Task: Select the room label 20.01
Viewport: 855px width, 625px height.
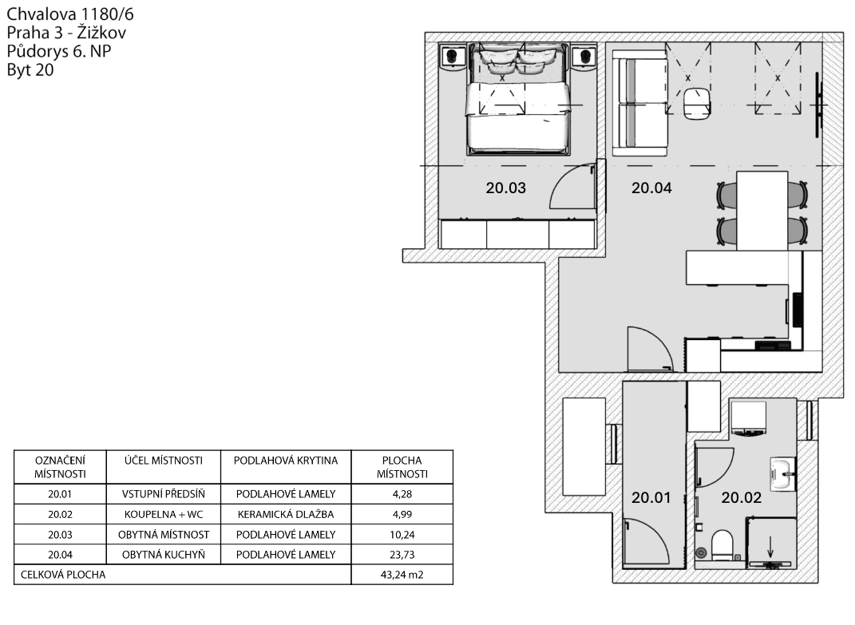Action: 651,498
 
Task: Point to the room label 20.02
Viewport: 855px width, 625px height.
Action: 742,498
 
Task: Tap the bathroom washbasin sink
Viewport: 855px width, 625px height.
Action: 782,474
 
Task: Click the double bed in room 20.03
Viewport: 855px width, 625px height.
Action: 517,100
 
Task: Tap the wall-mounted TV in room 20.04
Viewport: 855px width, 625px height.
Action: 817,105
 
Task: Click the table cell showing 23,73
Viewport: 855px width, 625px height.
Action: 402,555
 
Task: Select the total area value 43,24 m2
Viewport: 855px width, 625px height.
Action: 402,574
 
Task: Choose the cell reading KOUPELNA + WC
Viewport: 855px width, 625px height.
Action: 162,514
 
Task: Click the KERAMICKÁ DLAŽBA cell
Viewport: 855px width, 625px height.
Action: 285,514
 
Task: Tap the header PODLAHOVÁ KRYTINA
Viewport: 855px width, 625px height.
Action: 285,461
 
